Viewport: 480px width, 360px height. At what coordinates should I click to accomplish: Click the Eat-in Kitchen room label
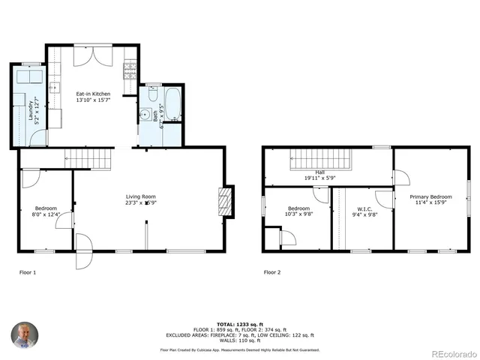[93, 94]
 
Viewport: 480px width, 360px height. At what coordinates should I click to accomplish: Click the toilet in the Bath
[152, 96]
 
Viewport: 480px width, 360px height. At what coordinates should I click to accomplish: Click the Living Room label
[140, 197]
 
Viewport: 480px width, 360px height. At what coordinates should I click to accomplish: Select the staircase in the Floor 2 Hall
[315, 159]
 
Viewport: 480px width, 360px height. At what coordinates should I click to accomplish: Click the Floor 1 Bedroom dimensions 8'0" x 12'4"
[46, 214]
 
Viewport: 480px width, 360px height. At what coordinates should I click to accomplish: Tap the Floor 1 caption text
[28, 271]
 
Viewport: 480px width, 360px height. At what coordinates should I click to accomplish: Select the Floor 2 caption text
[271, 271]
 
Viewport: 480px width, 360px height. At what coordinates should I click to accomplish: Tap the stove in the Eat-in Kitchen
[130, 70]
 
